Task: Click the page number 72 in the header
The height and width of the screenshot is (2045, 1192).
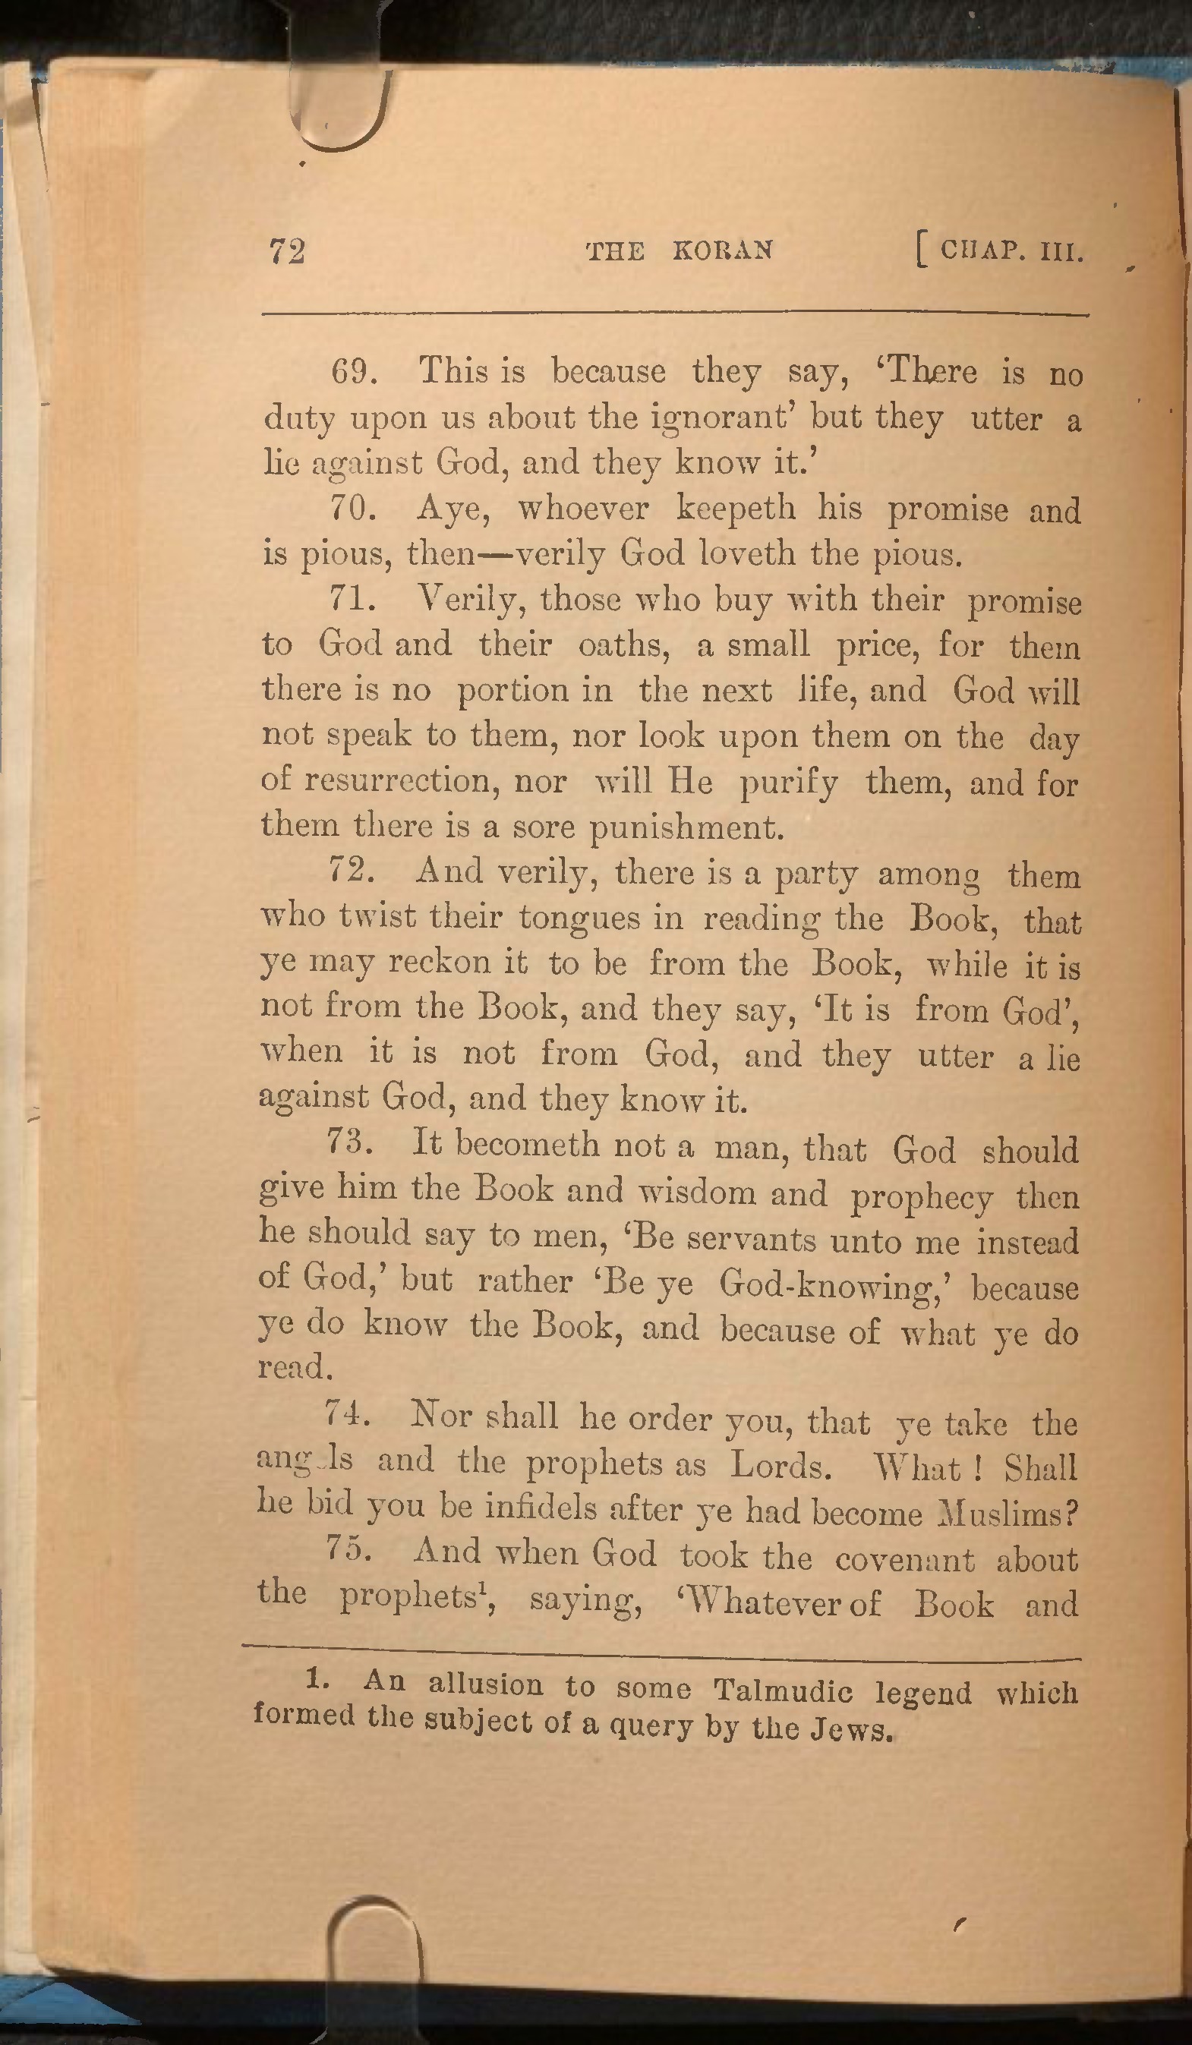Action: tap(287, 251)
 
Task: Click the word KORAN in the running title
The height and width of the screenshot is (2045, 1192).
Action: tap(722, 250)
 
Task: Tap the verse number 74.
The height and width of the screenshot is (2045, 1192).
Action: tap(347, 1414)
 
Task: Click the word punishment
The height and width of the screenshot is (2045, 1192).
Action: tap(686, 827)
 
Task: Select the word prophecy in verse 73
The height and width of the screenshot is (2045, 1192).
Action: tap(921, 1198)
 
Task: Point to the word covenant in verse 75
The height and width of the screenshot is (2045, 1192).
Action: tap(904, 1559)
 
